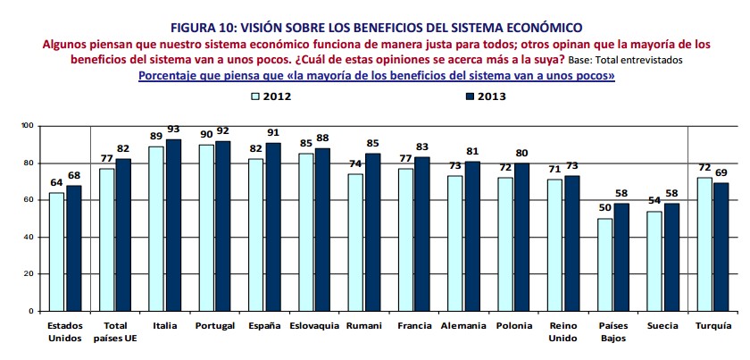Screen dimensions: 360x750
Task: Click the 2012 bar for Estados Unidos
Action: (x=56, y=251)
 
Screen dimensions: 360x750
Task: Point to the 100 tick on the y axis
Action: (x=28, y=126)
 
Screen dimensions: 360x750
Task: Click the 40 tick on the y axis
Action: (x=29, y=237)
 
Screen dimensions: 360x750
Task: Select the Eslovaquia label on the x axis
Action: (x=314, y=326)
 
